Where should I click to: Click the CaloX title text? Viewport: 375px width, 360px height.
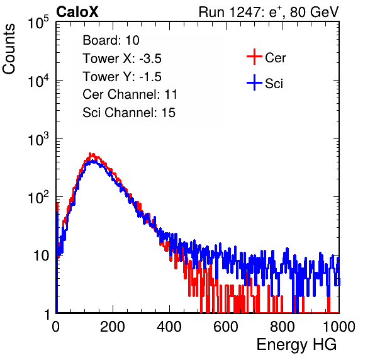click(77, 12)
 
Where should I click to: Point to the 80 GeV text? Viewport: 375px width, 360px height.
click(314, 13)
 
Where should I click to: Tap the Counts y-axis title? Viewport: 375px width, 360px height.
click(9, 49)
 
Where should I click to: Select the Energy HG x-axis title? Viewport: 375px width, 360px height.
click(296, 345)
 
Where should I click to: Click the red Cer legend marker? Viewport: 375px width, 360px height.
click(254, 57)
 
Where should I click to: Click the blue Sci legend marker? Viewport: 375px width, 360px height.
click(254, 83)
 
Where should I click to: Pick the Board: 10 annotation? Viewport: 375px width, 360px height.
click(111, 40)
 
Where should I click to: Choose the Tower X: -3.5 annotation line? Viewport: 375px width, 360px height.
click(122, 59)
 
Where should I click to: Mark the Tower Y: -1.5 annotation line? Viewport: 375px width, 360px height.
click(122, 77)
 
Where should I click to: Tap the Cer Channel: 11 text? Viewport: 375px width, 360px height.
click(130, 94)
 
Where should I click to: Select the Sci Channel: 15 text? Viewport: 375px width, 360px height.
click(129, 113)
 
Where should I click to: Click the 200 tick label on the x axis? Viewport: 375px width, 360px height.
click(113, 327)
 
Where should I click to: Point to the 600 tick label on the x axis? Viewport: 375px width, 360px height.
click(226, 327)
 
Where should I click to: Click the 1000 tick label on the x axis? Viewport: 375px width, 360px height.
click(339, 327)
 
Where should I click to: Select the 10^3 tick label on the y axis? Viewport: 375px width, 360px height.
click(38, 139)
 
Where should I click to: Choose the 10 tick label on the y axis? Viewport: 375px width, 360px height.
click(41, 256)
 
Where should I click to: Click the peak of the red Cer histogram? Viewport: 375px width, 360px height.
click(90, 154)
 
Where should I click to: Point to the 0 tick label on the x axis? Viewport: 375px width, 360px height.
click(56, 327)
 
